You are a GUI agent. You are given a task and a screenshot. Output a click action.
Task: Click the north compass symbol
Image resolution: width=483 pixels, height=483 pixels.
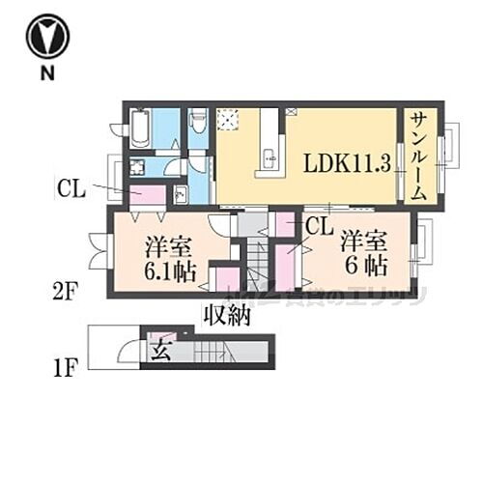click(x=47, y=38)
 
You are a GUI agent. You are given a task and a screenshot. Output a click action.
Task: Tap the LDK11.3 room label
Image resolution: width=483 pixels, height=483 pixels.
click(x=347, y=162)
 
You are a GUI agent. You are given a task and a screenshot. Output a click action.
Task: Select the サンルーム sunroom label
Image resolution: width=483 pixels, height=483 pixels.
click(x=418, y=155)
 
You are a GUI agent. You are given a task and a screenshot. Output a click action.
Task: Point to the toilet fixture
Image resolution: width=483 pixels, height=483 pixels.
click(x=198, y=123)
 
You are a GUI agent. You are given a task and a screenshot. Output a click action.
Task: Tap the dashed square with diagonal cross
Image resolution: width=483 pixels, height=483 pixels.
click(x=229, y=120)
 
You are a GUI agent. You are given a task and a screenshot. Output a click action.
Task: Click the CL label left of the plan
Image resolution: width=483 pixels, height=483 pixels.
click(x=71, y=189)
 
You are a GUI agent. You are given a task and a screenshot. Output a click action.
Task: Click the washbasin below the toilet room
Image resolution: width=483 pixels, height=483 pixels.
click(x=180, y=194)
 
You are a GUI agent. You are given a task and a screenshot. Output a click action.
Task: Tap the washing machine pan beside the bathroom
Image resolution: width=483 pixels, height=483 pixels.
click(x=137, y=165)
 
